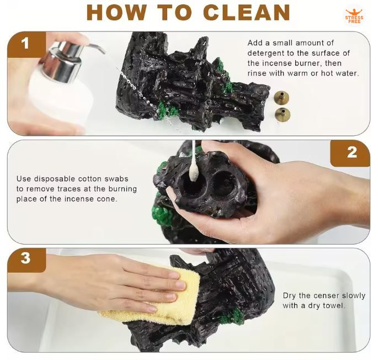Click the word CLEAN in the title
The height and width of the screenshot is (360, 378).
(247, 12)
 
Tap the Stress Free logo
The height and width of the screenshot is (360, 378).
(354, 16)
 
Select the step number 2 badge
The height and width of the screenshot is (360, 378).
(352, 152)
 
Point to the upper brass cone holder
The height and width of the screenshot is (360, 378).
(281, 97)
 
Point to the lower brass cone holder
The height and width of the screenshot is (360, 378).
(283, 114)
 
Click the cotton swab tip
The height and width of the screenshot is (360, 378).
(193, 172)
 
